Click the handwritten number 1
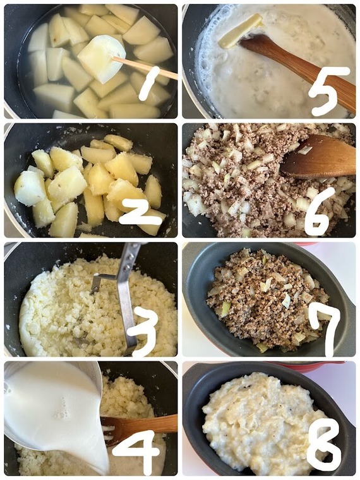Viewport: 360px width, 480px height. (150, 83)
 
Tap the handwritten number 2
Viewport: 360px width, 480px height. (141, 213)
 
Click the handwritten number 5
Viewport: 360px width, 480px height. (329, 91)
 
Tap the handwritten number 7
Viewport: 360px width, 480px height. (325, 329)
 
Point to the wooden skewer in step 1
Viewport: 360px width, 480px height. (145, 68)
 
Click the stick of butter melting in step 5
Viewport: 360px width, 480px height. (240, 31)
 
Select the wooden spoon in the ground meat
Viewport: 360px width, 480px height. (318, 157)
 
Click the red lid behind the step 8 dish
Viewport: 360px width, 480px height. (309, 366)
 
